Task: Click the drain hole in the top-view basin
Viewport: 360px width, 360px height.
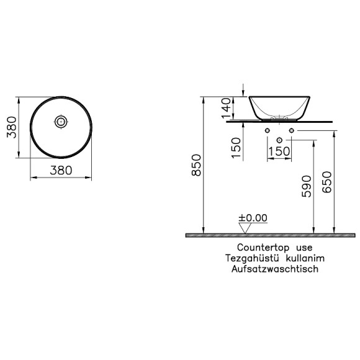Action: pos(61,122)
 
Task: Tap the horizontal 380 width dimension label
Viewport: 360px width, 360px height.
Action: pos(61,169)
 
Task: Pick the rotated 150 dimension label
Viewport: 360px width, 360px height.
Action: pos(236,148)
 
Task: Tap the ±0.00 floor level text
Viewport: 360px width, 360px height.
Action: pos(252,218)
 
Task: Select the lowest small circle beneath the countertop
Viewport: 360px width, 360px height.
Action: pos(279,138)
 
